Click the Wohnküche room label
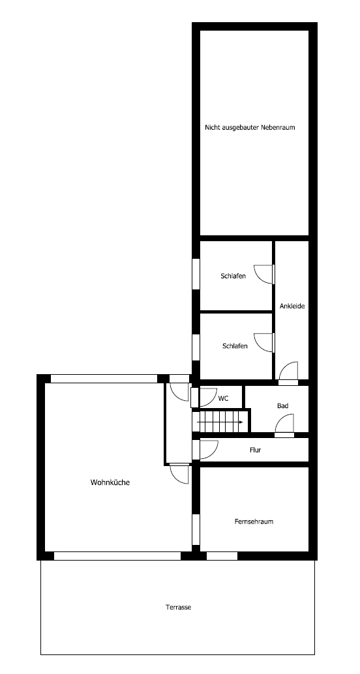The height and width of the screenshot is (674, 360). (110, 482)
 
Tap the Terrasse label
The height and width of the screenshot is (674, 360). (179, 608)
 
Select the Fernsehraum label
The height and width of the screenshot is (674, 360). (254, 521)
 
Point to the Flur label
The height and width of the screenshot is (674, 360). (256, 450)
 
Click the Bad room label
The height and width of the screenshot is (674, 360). (282, 405)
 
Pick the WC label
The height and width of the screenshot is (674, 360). (223, 398)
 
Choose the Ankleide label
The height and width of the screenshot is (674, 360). (292, 306)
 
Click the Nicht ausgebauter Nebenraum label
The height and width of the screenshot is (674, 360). (250, 127)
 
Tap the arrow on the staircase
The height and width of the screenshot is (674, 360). (220, 422)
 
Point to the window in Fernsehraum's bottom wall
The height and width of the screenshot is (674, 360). (222, 556)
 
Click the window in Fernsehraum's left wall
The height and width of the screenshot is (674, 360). (196, 529)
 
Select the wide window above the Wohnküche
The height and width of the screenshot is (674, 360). (104, 379)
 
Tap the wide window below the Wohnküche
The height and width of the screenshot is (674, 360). (117, 556)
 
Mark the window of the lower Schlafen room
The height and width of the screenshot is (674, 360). (196, 347)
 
